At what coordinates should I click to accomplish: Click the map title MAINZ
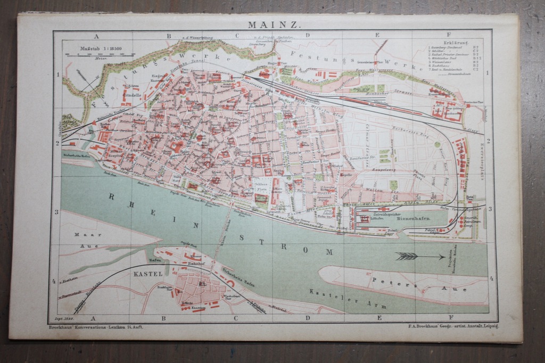pyautogui.click(x=275, y=24)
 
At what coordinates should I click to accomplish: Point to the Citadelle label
pyautogui.click(x=131, y=96)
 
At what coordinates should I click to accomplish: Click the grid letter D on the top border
pyautogui.click(x=308, y=36)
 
